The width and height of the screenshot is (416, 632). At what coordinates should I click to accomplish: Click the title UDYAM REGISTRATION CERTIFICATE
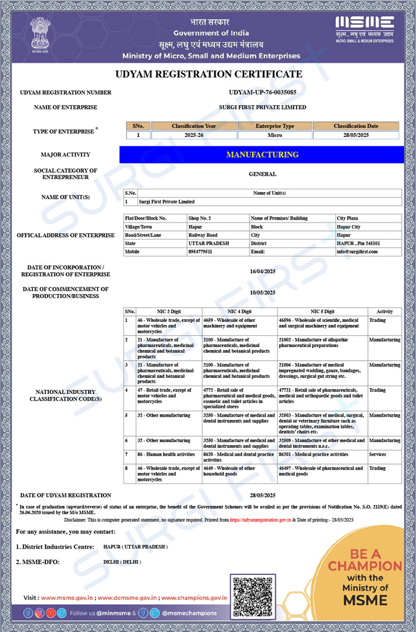pyautogui.click(x=208, y=74)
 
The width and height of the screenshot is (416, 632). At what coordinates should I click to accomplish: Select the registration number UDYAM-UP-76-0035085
pyautogui.click(x=262, y=93)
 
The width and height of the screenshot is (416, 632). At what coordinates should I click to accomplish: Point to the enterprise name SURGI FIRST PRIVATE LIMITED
pyautogui.click(x=262, y=108)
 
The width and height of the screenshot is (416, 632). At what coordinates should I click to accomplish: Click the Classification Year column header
pyautogui.click(x=194, y=126)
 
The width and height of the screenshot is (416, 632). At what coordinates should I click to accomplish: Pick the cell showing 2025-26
pyautogui.click(x=194, y=135)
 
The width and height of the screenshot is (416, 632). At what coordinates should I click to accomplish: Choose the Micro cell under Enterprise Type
pyautogui.click(x=275, y=135)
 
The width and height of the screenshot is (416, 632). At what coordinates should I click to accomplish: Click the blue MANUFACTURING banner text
pyautogui.click(x=262, y=155)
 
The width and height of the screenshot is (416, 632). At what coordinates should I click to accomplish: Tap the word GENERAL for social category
pyautogui.click(x=262, y=174)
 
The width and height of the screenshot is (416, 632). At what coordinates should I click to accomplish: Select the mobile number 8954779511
pyautogui.click(x=200, y=252)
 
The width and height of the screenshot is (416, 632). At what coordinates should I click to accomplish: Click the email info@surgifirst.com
pyautogui.click(x=357, y=252)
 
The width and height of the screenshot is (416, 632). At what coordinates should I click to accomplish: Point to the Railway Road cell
pyautogui.click(x=203, y=235)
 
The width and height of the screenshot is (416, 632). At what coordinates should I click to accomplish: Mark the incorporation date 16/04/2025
pyautogui.click(x=262, y=271)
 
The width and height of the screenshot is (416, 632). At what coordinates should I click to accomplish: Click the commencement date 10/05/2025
pyautogui.click(x=262, y=293)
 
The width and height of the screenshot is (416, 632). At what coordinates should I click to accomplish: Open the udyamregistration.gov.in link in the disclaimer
pyautogui.click(x=260, y=520)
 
